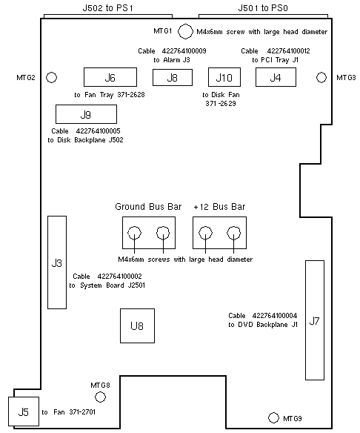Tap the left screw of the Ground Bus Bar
coord(135,233)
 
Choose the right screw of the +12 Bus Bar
coord(233,233)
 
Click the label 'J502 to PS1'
coord(108,8)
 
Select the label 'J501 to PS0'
coord(263,8)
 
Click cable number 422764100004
coord(275,315)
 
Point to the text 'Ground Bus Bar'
coord(148,207)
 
